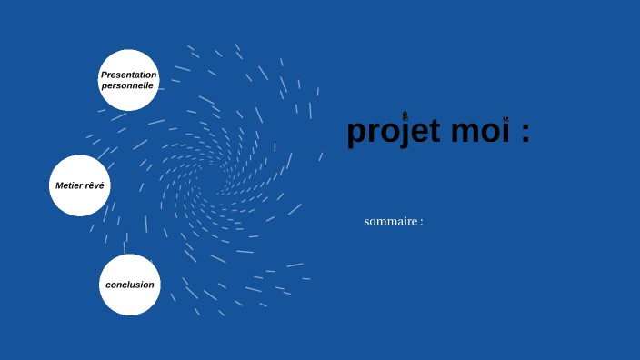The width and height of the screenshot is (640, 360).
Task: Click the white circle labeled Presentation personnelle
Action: coord(129,80)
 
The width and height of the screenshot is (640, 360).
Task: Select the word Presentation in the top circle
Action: coord(129,75)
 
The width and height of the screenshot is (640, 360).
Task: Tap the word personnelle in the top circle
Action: coord(127,85)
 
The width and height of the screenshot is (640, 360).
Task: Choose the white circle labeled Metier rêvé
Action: coord(80,185)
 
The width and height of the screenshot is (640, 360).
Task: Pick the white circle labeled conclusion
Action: coord(130,285)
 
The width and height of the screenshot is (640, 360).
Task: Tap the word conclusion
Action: coord(130,285)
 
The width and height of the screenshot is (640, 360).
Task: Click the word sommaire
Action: coord(391,222)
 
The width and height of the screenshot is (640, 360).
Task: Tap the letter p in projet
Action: coord(357,135)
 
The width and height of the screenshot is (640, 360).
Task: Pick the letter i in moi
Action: coord(505,131)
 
